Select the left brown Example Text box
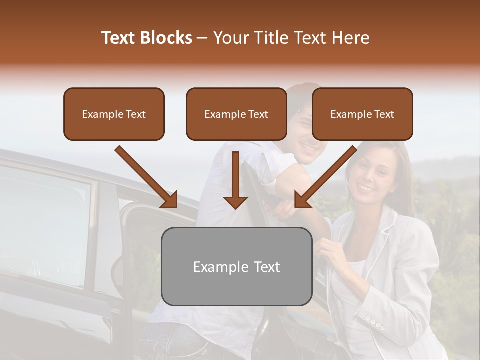point(114,114)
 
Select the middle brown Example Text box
point(236,114)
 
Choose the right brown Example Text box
point(362,114)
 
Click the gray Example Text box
point(236,266)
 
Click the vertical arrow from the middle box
point(235,180)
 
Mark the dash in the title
point(202,38)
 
